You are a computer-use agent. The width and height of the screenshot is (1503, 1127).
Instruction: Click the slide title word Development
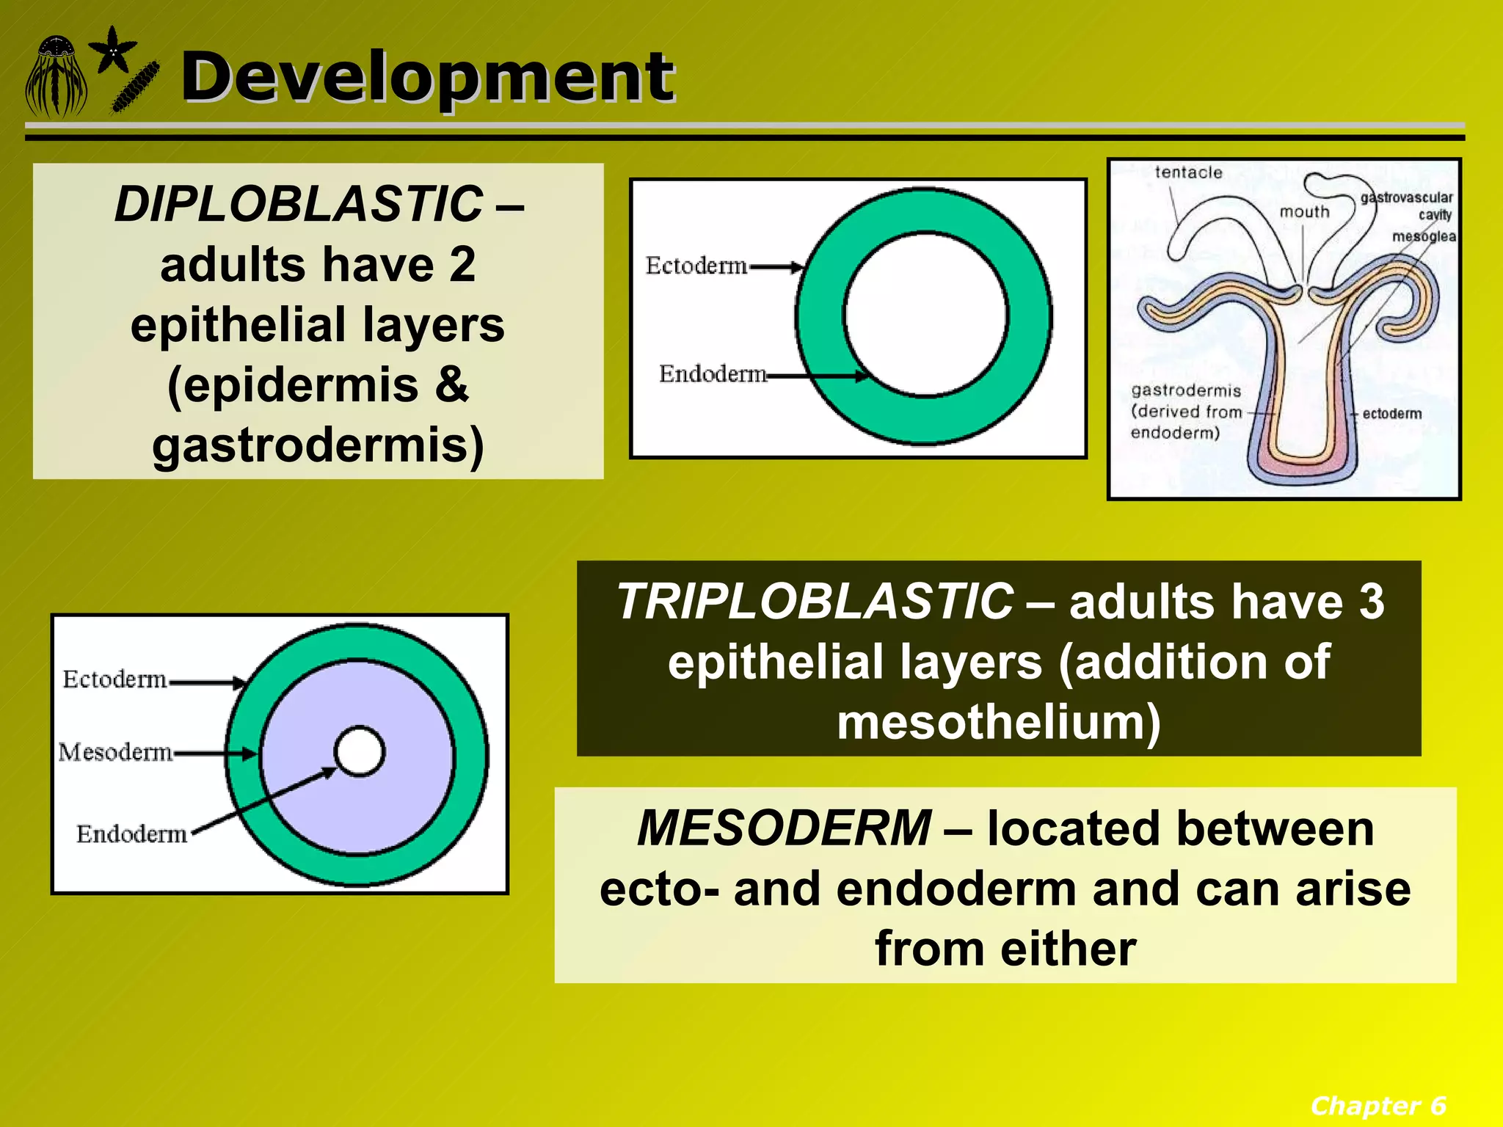point(427,77)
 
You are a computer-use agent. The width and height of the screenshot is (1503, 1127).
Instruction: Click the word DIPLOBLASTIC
point(299,204)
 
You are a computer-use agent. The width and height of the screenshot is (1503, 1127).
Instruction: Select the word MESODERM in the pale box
point(784,828)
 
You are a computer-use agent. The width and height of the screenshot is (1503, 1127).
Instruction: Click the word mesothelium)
point(999,722)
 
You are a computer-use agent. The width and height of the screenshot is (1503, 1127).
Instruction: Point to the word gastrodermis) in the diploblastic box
point(318,445)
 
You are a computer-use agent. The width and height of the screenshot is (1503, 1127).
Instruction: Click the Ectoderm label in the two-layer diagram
point(696,266)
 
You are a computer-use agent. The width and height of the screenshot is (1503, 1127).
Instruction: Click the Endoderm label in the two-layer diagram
point(712,374)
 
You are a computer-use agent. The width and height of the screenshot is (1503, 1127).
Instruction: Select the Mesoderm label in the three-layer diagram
point(115,752)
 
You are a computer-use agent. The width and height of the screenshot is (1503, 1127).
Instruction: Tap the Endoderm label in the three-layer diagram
point(132,834)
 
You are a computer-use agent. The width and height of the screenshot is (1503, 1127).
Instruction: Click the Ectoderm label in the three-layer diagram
point(114,679)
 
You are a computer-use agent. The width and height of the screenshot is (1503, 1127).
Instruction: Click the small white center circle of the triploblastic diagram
point(359,751)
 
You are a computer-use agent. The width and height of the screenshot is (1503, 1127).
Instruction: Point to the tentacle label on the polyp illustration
point(1188,172)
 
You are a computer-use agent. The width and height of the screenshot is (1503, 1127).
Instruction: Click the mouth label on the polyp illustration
point(1304,212)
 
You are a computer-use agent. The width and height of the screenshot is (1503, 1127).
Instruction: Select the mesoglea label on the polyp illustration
point(1423,236)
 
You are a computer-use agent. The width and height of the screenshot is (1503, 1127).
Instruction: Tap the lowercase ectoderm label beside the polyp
point(1391,414)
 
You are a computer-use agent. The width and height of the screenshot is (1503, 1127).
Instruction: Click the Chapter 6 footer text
point(1378,1105)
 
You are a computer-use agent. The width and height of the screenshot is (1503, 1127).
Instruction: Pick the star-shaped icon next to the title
point(112,50)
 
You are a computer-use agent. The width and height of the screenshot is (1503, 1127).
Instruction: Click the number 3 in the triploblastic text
point(1371,602)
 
